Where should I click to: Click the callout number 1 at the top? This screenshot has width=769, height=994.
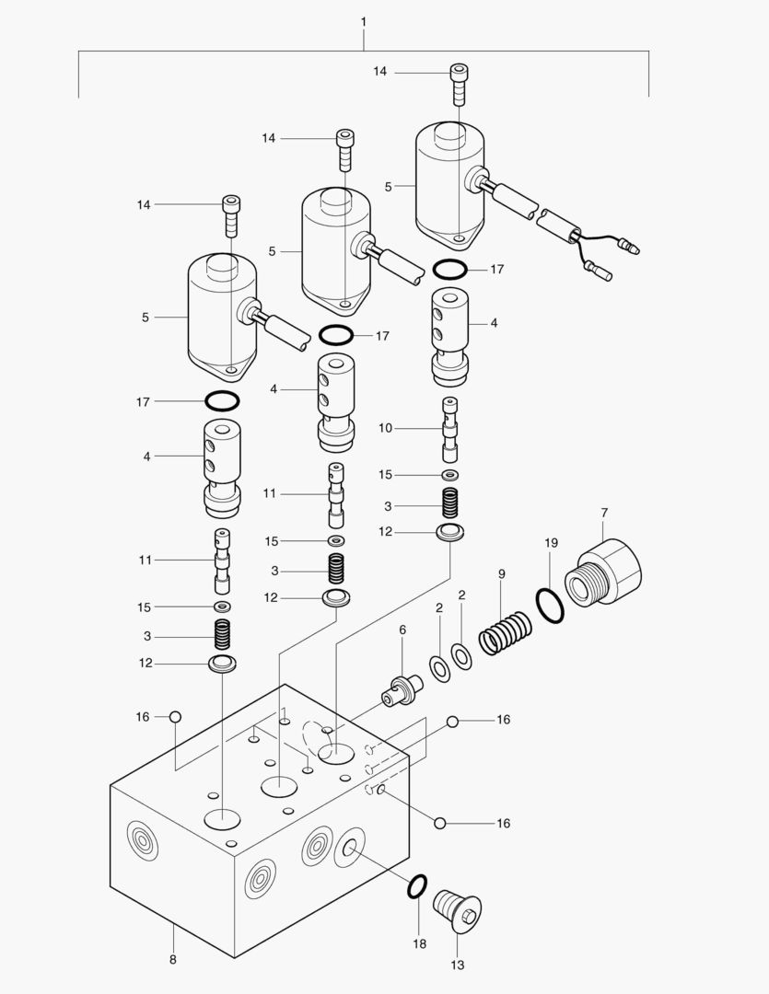tap(364, 19)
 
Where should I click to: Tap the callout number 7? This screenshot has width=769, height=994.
tap(604, 512)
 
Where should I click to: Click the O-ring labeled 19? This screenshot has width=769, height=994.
tap(549, 606)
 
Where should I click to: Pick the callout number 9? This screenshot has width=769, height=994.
tap(502, 574)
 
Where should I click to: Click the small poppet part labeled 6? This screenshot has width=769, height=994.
tap(402, 691)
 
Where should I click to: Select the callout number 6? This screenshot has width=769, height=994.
tap(402, 630)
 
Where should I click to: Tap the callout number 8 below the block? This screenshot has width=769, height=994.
tap(172, 959)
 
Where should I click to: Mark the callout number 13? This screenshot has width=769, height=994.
tap(458, 965)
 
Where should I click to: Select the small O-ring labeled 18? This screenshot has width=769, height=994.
tap(416, 886)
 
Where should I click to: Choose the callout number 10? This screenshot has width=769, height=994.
tap(385, 428)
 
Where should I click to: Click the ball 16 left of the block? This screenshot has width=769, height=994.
tap(175, 717)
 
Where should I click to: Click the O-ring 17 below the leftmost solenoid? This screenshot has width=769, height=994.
tap(221, 401)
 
